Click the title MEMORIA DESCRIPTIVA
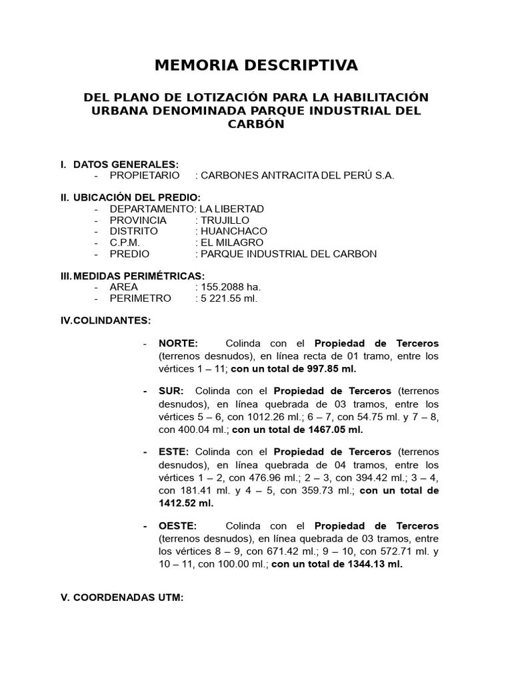256,65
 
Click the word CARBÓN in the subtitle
256,124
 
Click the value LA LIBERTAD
227,208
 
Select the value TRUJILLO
225,220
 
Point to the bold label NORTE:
178,344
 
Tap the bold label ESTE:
174,452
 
